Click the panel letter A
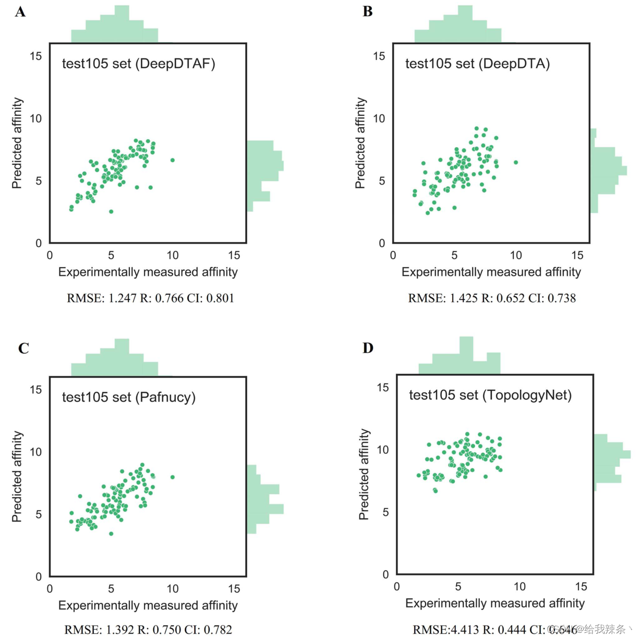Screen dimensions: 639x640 tap(20, 11)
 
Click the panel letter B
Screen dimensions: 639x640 tap(368, 11)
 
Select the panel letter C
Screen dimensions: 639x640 tap(23, 348)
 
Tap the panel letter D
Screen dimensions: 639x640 tap(368, 347)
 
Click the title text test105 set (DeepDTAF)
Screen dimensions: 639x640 tap(138, 64)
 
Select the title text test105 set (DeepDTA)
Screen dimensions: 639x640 tap(477, 64)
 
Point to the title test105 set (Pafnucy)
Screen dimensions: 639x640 tap(128, 397)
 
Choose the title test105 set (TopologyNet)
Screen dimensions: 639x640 tap(490, 395)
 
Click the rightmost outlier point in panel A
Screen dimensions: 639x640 tap(173, 160)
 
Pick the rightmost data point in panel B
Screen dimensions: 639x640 tap(516, 162)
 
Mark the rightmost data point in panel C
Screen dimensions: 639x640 tap(173, 477)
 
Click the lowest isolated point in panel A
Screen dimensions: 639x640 tap(111, 211)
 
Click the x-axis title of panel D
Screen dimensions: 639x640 tap(494, 603)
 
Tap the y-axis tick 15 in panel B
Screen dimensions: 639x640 tap(379, 56)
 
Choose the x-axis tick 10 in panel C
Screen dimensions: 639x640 tap(173, 588)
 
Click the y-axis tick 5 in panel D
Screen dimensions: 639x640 tap(385, 512)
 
